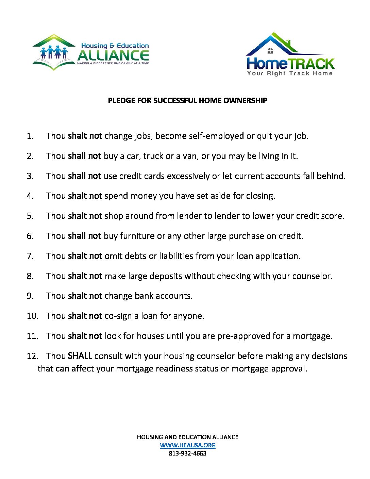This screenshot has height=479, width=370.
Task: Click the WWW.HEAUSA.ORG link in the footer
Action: coord(187,445)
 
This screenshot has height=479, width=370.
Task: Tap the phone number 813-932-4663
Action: coord(187,453)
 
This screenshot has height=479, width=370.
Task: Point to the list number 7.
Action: coord(30,256)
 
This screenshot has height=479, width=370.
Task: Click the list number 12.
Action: coord(32,356)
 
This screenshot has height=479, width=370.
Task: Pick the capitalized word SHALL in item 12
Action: coord(80,356)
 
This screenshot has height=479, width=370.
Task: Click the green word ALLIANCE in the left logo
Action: coord(113,55)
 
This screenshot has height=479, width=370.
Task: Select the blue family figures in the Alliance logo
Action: coord(54,52)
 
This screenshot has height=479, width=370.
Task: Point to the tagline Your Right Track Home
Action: coord(290,73)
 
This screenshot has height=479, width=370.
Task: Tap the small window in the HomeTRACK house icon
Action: coord(270,51)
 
